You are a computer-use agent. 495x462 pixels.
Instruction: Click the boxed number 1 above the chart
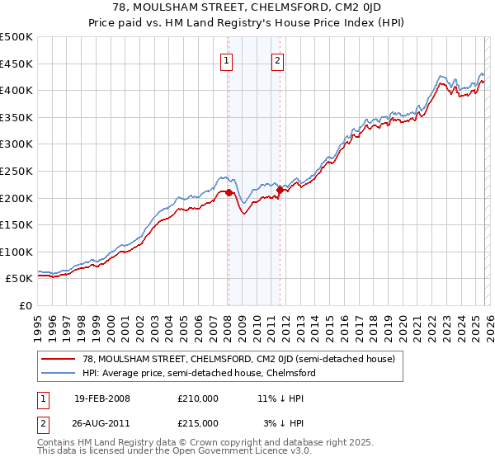[227, 59]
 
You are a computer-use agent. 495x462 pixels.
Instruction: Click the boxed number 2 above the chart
[278, 59]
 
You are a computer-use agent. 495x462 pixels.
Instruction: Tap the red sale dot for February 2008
[229, 193]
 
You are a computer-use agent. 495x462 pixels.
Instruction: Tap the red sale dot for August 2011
[280, 191]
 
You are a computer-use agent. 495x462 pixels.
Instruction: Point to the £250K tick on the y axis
[17, 171]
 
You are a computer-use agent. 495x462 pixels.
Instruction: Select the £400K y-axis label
[17, 91]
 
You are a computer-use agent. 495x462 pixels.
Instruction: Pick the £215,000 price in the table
[197, 422]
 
